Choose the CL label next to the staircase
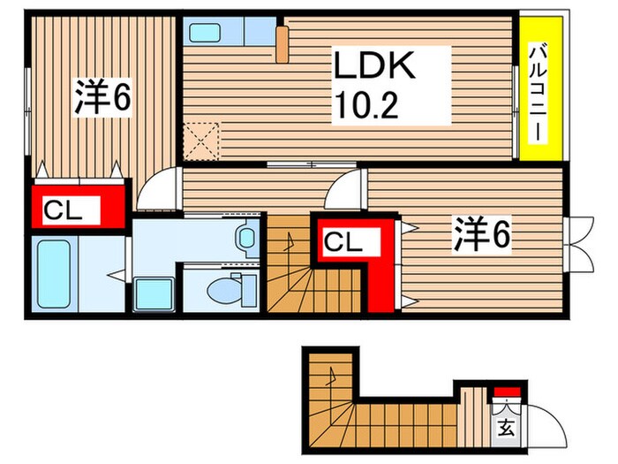343,240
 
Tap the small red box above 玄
506,392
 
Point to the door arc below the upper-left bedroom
155,190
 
